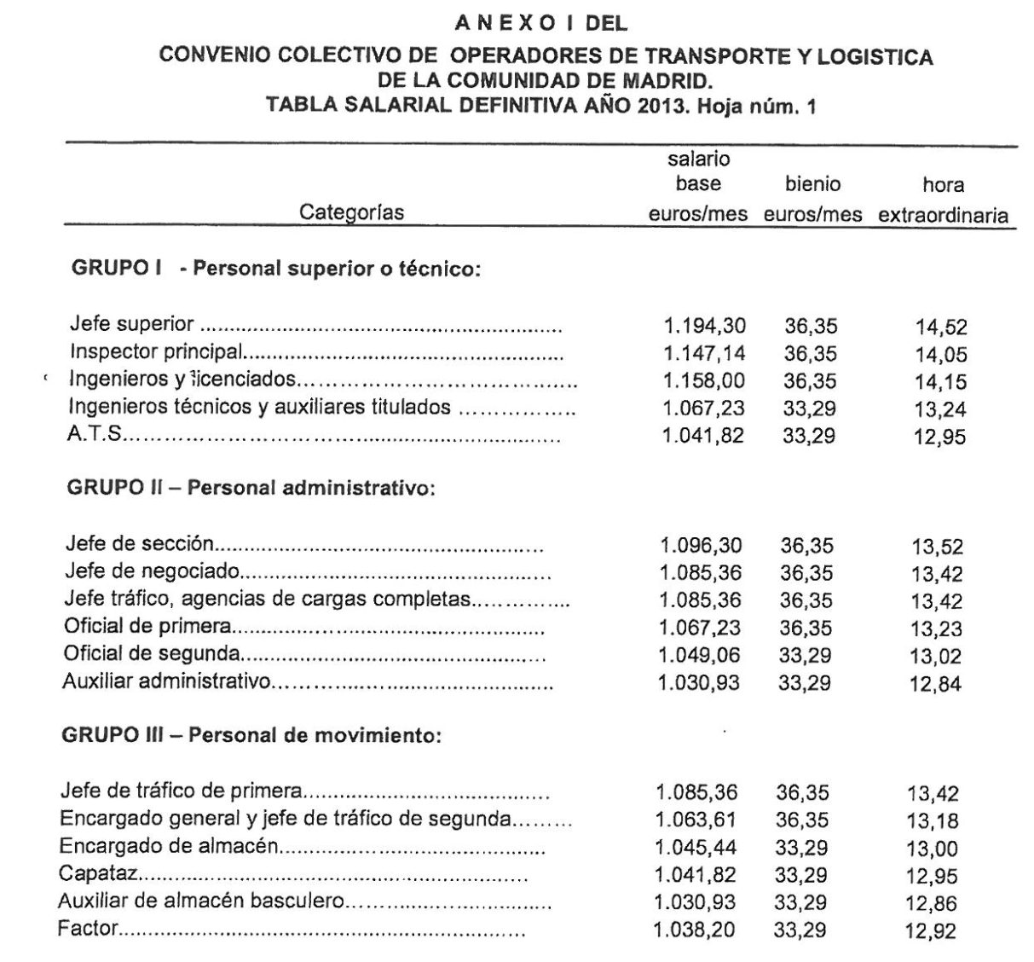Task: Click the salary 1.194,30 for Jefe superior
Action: click(x=704, y=326)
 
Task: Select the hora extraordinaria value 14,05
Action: click(x=941, y=355)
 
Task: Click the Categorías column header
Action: click(x=350, y=213)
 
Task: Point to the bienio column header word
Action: click(x=812, y=184)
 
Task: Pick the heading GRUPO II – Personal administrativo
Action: click(x=250, y=489)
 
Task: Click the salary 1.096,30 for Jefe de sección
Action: click(x=701, y=546)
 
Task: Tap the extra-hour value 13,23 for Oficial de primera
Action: click(x=936, y=629)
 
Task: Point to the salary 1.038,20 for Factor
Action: click(x=695, y=930)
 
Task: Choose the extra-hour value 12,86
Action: click(x=932, y=904)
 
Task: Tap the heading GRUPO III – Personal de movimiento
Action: click(x=251, y=736)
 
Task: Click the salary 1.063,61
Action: click(x=696, y=820)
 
